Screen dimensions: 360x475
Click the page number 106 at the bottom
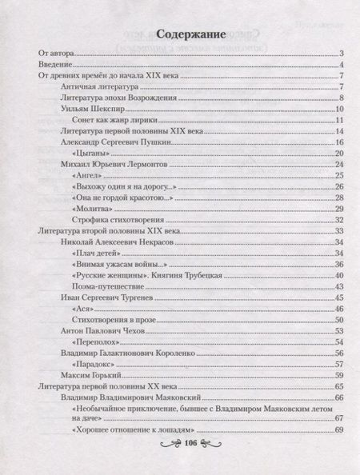[190, 441]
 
